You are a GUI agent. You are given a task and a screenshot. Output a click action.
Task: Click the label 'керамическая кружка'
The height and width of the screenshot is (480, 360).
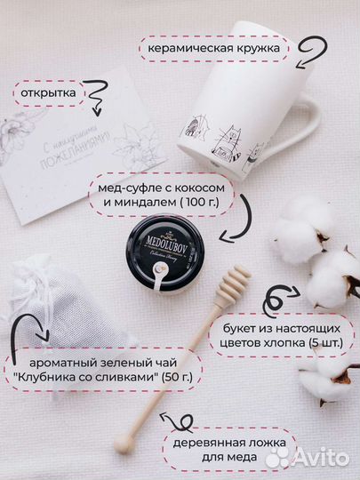(x=213, y=47)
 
